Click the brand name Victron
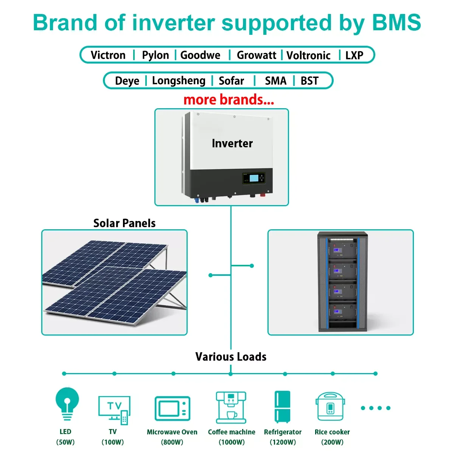click(x=108, y=55)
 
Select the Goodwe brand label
click(x=200, y=55)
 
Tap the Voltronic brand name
click(x=308, y=56)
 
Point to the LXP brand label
click(x=354, y=56)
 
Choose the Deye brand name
click(x=127, y=81)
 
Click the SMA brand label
click(x=275, y=81)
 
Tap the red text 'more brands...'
click(x=229, y=100)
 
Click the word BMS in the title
click(x=396, y=23)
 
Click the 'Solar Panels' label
click(x=124, y=223)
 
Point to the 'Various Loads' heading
click(x=231, y=357)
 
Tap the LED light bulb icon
click(x=67, y=404)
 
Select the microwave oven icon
click(x=172, y=409)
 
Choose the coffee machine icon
click(x=231, y=407)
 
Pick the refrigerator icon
click(x=282, y=407)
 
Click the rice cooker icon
click(x=330, y=407)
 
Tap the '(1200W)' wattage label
click(x=283, y=442)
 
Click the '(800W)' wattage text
click(x=172, y=442)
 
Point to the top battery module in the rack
click(x=342, y=250)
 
